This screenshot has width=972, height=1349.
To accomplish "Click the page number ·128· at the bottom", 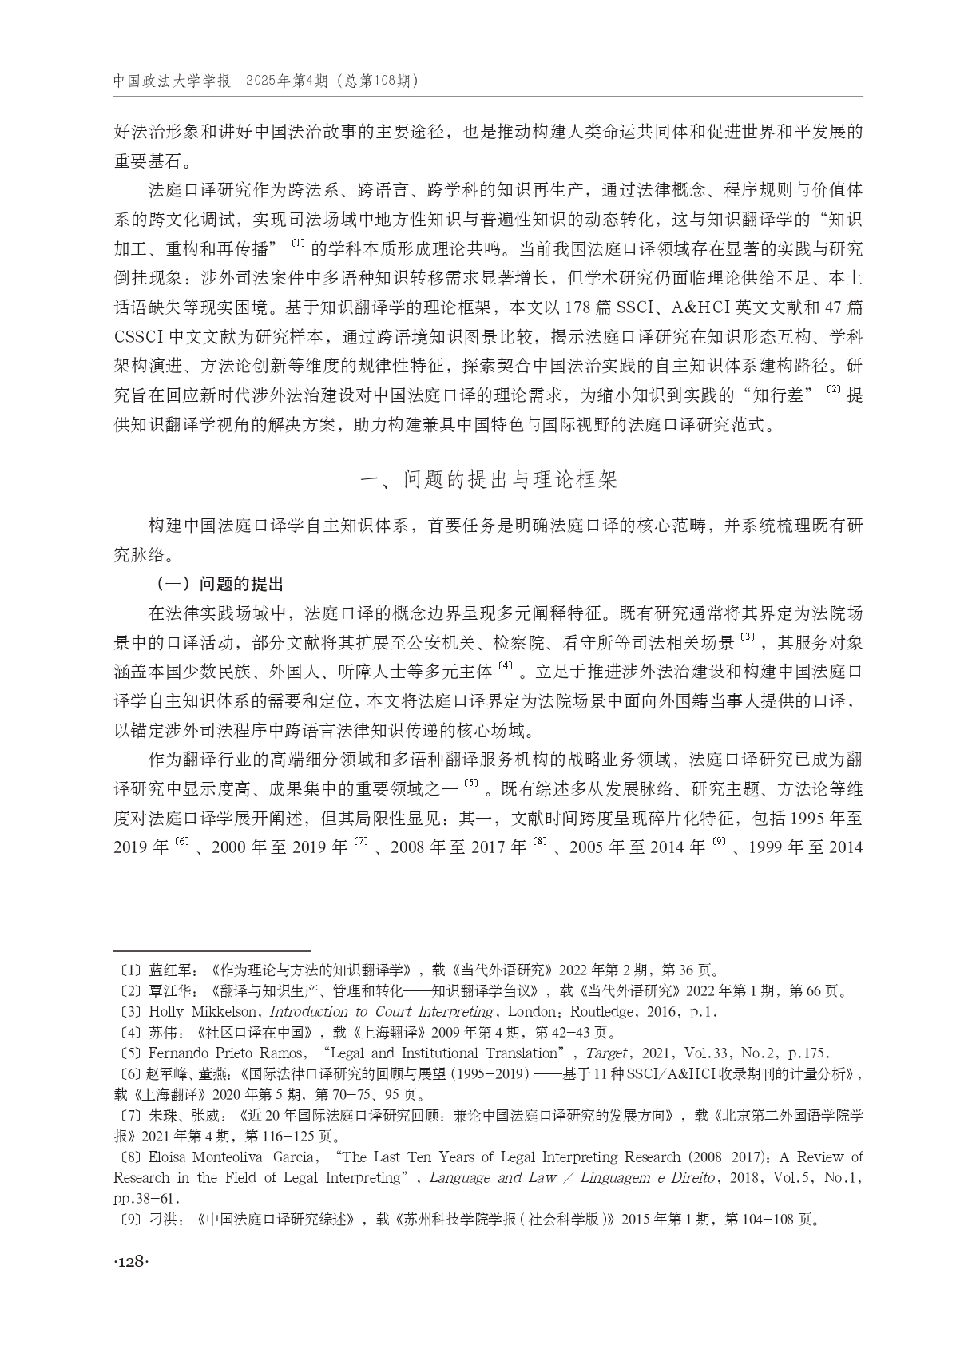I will (132, 1261).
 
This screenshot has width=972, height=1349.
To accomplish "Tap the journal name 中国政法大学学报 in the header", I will (172, 81).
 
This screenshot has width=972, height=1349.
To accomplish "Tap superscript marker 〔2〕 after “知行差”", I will (834, 390).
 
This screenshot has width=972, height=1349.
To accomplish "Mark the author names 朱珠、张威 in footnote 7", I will (182, 1116).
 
